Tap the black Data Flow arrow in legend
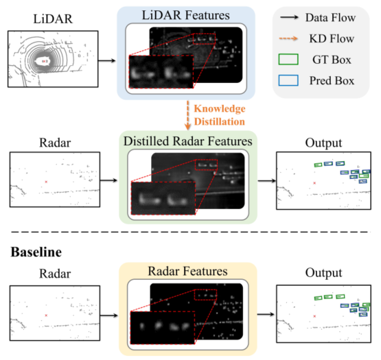[289, 17]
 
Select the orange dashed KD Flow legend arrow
[288, 38]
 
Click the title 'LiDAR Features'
[185, 15]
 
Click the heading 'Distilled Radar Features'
[188, 141]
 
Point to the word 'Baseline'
[36, 252]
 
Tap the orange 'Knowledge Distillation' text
[220, 115]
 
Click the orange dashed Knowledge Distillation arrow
[187, 115]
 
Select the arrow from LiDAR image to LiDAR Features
[107, 60]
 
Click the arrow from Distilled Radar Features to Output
[266, 180]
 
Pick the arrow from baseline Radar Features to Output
[266, 315]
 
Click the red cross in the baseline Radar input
[46, 315]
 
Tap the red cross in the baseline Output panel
[314, 316]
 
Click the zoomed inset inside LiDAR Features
[161, 71]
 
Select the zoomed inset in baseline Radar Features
[163, 328]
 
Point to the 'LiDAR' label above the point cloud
[53, 19]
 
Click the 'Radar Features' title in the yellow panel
[188, 271]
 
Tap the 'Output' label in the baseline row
[323, 273]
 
